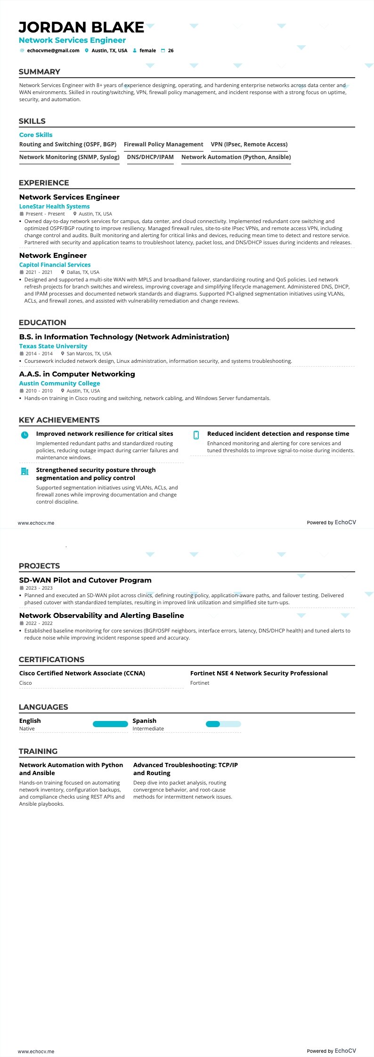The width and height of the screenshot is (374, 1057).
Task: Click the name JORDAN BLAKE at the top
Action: (x=81, y=27)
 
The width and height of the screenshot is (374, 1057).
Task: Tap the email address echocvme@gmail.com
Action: (x=53, y=50)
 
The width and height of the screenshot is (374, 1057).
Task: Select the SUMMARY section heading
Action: (x=40, y=72)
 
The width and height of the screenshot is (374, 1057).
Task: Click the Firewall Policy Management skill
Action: (x=163, y=144)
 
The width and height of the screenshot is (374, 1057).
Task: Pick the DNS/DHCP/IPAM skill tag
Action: (x=150, y=157)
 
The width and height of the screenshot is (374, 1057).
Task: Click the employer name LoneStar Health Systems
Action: (x=54, y=207)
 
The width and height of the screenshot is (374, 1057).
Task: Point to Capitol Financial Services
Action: (x=55, y=265)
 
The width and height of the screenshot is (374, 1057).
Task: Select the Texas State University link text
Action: (x=53, y=346)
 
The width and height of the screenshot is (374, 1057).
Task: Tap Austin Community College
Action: (x=59, y=384)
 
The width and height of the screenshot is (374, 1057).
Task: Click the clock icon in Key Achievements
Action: (x=25, y=435)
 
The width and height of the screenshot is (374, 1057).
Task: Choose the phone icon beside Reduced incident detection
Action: (x=196, y=435)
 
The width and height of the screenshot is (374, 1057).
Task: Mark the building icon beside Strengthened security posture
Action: (x=25, y=471)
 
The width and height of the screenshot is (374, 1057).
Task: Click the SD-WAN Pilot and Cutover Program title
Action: (x=85, y=580)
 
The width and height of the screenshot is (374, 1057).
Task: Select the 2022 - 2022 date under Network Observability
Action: (x=39, y=623)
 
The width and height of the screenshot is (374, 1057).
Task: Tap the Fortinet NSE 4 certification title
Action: (x=259, y=673)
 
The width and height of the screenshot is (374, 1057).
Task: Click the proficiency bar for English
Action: (x=110, y=724)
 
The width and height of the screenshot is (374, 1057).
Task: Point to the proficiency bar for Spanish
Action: (x=223, y=724)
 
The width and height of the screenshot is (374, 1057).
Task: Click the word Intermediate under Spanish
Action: (x=148, y=729)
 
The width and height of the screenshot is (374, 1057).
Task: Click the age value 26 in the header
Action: (x=171, y=50)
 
